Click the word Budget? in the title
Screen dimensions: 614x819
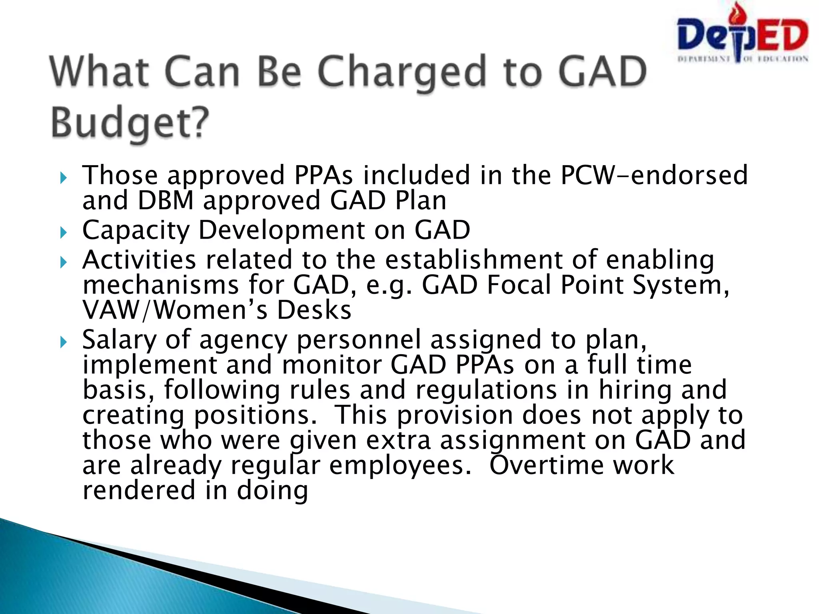(x=130, y=122)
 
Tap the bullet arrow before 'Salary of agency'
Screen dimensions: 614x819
(x=63, y=342)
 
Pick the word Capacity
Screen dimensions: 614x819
(x=136, y=231)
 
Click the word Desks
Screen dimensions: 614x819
(x=314, y=310)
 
